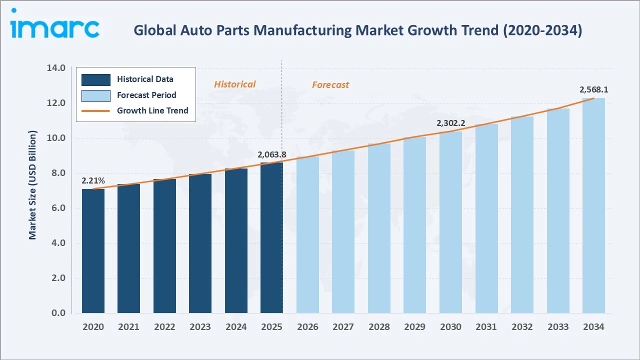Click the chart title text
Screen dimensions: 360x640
click(357, 30)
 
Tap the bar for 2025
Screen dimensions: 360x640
click(271, 238)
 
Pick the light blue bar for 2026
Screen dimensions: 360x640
click(307, 235)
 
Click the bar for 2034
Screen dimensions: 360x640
click(593, 205)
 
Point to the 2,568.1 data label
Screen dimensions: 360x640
click(593, 90)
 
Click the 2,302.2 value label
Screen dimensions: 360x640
click(450, 123)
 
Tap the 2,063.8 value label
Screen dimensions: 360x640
click(271, 154)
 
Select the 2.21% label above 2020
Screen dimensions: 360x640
click(93, 180)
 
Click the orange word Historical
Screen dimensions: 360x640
click(234, 84)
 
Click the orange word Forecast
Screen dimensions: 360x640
click(330, 85)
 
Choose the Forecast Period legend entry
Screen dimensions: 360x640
click(146, 95)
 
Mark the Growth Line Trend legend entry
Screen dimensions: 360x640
click(152, 110)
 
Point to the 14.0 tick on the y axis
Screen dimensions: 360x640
click(55, 68)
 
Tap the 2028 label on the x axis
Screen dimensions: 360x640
click(379, 327)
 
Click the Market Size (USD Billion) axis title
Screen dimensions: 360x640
click(33, 185)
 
